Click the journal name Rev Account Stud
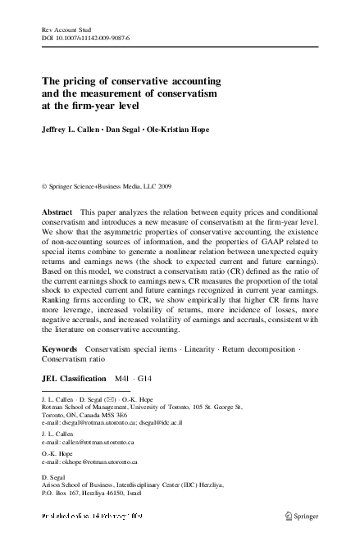point(64,29)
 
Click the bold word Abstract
point(57,212)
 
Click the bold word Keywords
point(60,349)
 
